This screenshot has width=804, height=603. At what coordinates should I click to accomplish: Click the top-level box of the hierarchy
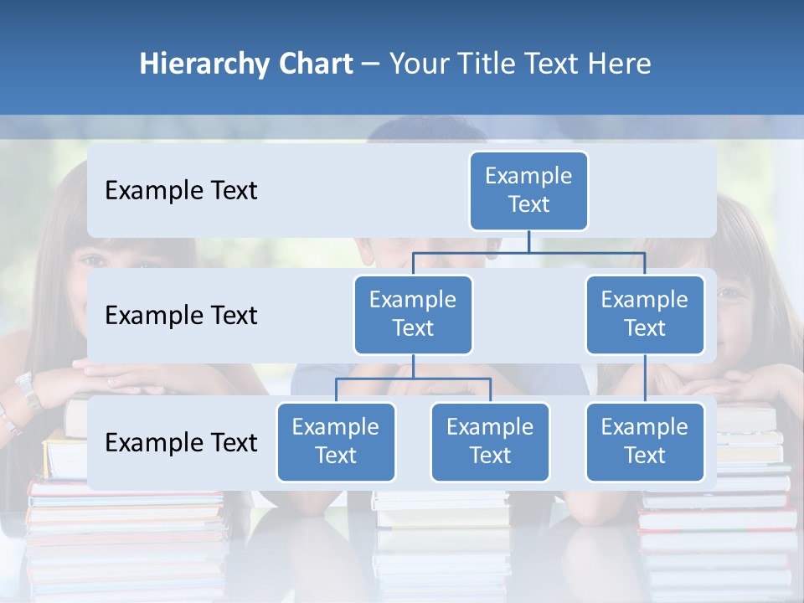coord(528,190)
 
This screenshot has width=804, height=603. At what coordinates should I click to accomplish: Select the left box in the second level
coord(413,314)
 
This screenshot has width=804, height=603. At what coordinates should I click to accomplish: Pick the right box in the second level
coord(645,314)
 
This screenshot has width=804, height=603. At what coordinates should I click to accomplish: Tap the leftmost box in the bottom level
coord(336,441)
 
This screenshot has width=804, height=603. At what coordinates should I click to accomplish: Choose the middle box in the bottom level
coord(490,441)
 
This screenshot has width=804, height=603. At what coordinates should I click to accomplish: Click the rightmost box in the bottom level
coord(645,441)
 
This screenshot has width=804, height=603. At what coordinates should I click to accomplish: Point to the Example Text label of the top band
coord(181,191)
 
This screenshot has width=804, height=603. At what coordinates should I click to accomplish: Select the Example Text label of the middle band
coord(181,316)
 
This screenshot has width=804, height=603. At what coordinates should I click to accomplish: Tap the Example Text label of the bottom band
coord(181,442)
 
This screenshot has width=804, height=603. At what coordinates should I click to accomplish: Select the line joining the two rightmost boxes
coord(645,378)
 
